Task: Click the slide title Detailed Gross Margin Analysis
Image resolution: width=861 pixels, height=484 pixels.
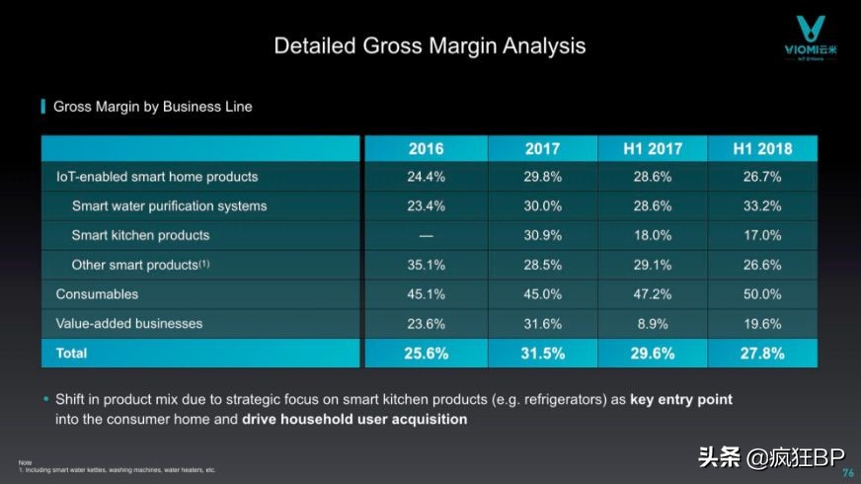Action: pos(430,45)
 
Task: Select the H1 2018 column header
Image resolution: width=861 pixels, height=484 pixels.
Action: pos(761,149)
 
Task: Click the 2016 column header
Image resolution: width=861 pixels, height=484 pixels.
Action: pos(426,149)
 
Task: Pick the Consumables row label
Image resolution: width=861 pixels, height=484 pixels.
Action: pos(97,294)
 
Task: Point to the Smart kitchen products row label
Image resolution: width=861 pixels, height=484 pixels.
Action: pos(140,235)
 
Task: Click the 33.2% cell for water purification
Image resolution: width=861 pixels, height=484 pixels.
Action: pos(761,206)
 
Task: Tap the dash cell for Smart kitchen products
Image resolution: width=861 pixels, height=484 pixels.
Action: pos(426,235)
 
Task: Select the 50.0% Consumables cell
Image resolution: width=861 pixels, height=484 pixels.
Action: pos(761,294)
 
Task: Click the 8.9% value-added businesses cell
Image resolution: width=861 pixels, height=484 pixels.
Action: pos(653,323)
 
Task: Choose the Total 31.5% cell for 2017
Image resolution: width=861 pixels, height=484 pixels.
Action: pos(542,353)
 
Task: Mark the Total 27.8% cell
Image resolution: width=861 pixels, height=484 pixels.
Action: pos(761,353)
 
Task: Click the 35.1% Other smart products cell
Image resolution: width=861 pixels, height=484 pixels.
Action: pos(426,265)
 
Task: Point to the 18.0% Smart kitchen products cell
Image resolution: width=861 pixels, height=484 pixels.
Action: pos(653,235)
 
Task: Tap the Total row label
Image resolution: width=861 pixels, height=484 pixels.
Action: pos(71,353)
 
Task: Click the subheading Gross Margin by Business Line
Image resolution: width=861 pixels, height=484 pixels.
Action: pos(152,107)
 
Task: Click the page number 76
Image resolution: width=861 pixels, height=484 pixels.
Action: pos(847,472)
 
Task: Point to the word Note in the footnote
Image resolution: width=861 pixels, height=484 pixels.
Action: pos(24,462)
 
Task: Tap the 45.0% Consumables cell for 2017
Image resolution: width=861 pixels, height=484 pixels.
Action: pos(542,294)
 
